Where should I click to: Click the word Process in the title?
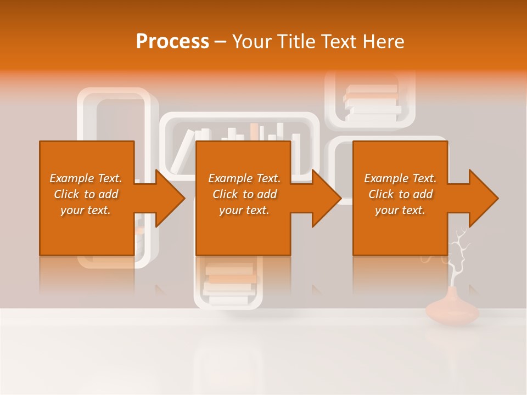pos(172,42)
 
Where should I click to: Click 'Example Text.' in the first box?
pos(86,178)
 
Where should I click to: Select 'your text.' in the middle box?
pos(244,210)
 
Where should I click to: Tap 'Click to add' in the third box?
pos(400,194)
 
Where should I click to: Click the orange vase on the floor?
pos(452,311)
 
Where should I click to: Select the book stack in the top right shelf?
pos(372,103)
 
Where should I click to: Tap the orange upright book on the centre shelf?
pos(254,132)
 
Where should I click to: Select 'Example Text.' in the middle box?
pos(244,178)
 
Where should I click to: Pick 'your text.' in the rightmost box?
pos(400,210)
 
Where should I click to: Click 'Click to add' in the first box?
pos(86,194)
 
